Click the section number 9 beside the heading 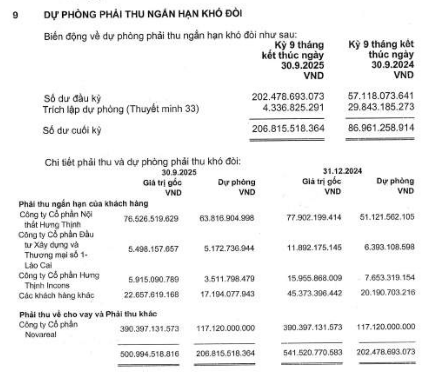click(x=15, y=15)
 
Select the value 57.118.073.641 click(x=381, y=96)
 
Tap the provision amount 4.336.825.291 click(x=293, y=108)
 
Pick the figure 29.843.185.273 click(x=381, y=107)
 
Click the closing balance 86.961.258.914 click(x=381, y=128)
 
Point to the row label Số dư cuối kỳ click(x=72, y=130)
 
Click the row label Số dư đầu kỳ click(x=72, y=98)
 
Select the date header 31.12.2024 click(x=342, y=171)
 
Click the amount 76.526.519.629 click(x=151, y=218)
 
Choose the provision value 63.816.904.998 click(x=227, y=218)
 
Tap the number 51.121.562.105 click(x=387, y=217)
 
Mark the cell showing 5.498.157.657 click(x=153, y=249)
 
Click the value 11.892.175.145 click(x=314, y=248)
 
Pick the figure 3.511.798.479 click(x=229, y=279)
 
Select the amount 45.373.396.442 click(x=314, y=293)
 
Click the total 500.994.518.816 click(x=149, y=354)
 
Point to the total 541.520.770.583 click(x=312, y=352)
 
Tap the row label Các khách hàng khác click(x=56, y=296)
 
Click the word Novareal click(x=40, y=335)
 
